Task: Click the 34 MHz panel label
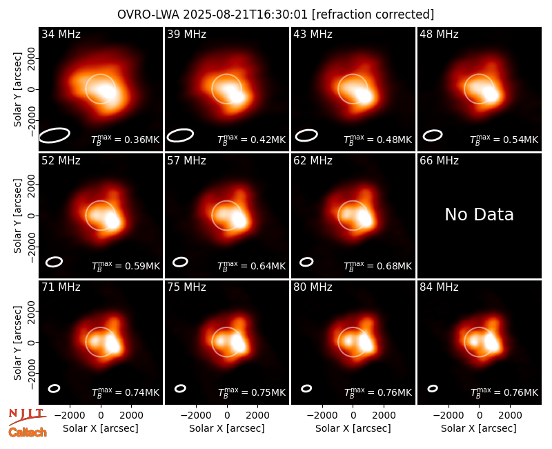coord(61,34)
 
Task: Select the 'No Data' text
coord(479,214)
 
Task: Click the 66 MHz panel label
coord(439,161)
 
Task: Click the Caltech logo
coord(28,432)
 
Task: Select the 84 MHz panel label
coord(439,287)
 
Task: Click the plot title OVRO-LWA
coord(148,15)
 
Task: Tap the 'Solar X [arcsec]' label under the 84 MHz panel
coord(479,428)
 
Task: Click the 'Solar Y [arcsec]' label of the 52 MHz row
coord(17,216)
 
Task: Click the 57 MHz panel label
coord(186,161)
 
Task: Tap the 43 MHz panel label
coord(313,34)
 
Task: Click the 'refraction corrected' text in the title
coord(373,15)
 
